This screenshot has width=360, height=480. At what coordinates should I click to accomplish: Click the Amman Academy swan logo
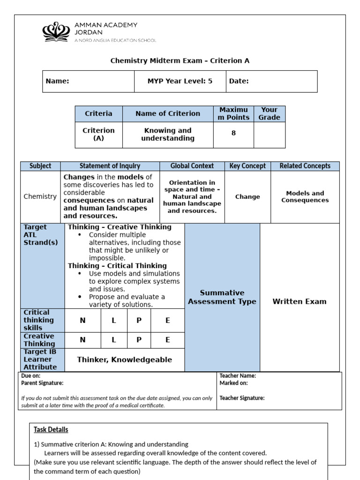point(56,31)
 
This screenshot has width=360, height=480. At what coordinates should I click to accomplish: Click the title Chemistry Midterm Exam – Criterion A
point(180,60)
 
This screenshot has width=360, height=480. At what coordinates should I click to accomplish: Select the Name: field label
point(57,81)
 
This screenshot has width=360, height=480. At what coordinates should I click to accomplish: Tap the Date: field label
point(239,81)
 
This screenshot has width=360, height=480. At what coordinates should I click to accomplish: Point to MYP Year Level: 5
point(180,81)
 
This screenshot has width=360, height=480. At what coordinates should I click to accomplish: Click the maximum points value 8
point(233,133)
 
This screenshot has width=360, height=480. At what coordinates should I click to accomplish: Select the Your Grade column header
point(269,113)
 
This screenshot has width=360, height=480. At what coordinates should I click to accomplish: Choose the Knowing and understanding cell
point(168,135)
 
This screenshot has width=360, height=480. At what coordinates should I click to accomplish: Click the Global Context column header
point(192,166)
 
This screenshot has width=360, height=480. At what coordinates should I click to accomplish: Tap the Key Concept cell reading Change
point(247,197)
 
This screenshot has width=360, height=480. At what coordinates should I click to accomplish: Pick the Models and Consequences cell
point(305,197)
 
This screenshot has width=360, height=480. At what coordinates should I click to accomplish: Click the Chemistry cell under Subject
point(40,196)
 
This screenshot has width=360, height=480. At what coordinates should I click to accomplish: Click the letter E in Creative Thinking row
point(167,340)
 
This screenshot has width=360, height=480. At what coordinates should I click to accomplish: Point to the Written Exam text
point(299,301)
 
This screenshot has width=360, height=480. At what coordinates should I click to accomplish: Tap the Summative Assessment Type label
point(222,297)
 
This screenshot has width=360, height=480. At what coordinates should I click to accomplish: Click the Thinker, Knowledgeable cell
point(124,360)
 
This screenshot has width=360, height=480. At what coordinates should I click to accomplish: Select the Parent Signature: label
point(42,383)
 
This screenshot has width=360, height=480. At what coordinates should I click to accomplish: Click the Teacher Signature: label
point(242,398)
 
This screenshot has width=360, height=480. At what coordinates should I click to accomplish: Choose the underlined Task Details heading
point(51,429)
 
